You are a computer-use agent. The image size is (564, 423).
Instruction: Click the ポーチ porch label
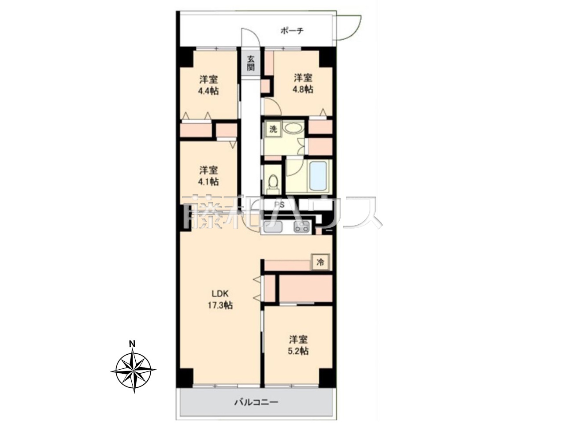tap(292, 31)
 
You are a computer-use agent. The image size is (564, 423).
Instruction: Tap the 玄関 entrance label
tap(251, 63)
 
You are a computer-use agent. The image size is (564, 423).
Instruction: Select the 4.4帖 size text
tap(208, 91)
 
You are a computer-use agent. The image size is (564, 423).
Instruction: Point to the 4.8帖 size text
tap(303, 89)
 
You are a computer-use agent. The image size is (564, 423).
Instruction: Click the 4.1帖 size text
tap(208, 182)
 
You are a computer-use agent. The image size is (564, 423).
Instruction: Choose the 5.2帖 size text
tap(298, 351)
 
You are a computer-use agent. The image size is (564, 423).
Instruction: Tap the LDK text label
tap(220, 293)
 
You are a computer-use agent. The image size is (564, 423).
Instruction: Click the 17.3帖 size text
tap(220, 305)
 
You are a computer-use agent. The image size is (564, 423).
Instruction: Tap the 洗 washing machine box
tap(273, 129)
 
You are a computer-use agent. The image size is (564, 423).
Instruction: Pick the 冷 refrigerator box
tap(320, 262)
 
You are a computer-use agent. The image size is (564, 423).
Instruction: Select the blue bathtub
tap(319, 176)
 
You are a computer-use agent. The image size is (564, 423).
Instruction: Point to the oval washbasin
tap(293, 128)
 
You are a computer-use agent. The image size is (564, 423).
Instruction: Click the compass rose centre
tap(134, 371)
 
